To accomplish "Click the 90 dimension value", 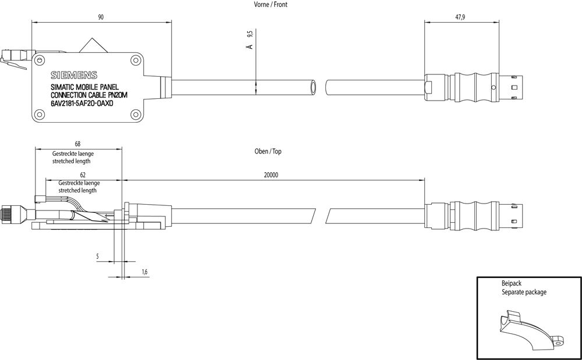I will [101, 18].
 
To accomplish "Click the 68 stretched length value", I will [78, 144].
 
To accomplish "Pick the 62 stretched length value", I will [83, 174].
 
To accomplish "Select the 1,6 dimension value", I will [144, 272].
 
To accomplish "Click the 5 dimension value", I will [98, 255].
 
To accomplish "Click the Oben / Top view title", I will [269, 151].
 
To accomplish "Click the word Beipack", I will [512, 283].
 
